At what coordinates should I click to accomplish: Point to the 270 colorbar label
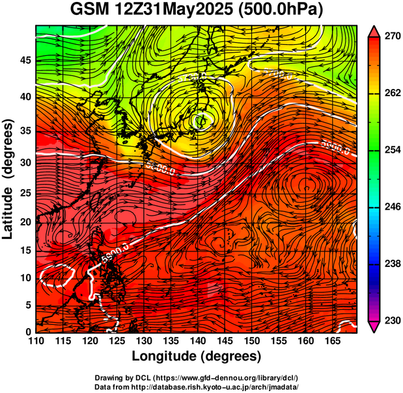point(392,37)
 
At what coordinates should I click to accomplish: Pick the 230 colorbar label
point(392,320)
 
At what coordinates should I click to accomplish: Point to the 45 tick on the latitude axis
point(25,60)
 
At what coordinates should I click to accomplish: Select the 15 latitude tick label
point(25,250)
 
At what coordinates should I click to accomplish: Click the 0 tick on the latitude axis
point(29,332)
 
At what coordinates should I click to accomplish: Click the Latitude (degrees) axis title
point(9,179)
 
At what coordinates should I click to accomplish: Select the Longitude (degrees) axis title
point(197,356)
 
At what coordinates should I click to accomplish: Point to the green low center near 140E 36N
point(200,120)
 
